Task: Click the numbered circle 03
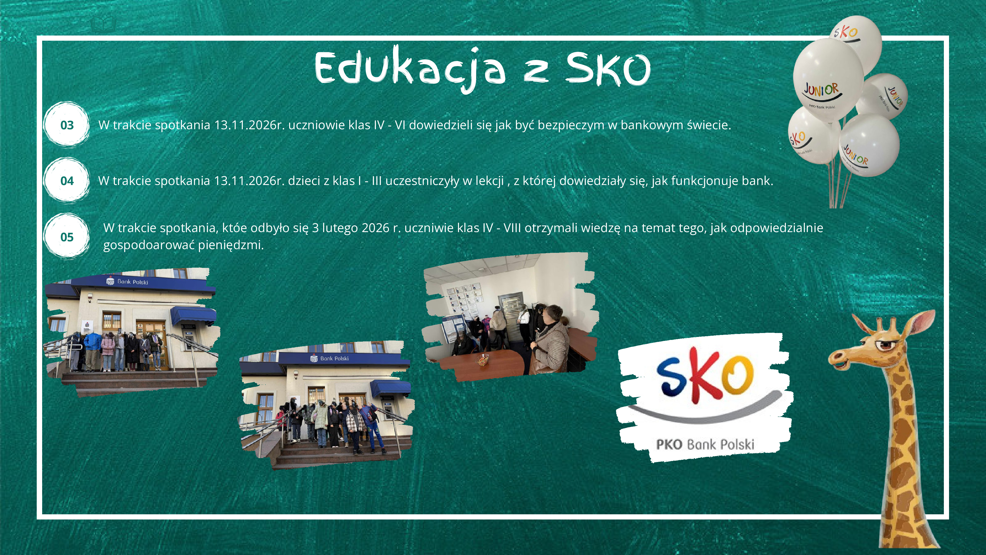[x=67, y=125]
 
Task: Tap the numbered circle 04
[x=67, y=181]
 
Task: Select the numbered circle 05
[x=67, y=237]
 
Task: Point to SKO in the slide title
[x=608, y=69]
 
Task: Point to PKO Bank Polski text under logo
[x=705, y=444]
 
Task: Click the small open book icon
[x=103, y=24]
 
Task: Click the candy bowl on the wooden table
[x=483, y=360]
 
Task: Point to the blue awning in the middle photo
[x=390, y=388]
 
